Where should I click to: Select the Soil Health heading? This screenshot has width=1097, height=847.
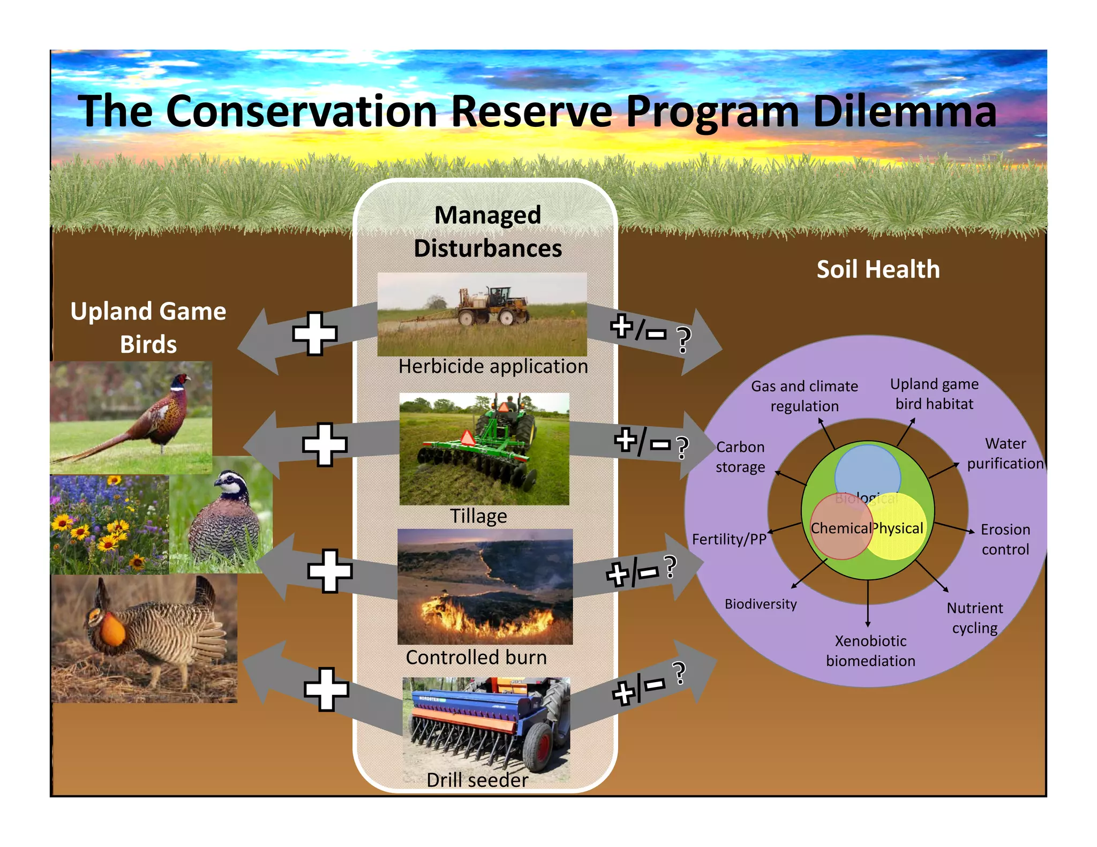click(878, 269)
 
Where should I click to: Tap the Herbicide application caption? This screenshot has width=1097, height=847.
click(493, 367)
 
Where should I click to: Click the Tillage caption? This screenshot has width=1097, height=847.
click(478, 516)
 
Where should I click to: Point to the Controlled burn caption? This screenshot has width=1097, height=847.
click(476, 657)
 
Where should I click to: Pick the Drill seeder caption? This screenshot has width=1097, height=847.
click(477, 780)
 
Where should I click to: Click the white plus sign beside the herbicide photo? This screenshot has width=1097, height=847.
click(315, 334)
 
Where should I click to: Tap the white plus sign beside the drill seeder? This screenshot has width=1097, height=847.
click(326, 689)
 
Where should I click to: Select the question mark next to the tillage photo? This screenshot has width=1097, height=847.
click(682, 448)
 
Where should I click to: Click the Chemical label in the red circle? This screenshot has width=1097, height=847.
click(840, 528)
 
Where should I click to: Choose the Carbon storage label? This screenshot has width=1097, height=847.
click(740, 457)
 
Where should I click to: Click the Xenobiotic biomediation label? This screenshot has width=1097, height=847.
click(870, 651)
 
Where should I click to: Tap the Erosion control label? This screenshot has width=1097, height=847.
click(1005, 539)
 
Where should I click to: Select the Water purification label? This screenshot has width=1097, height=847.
click(1005, 453)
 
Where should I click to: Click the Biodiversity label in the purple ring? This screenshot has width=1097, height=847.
click(761, 604)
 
